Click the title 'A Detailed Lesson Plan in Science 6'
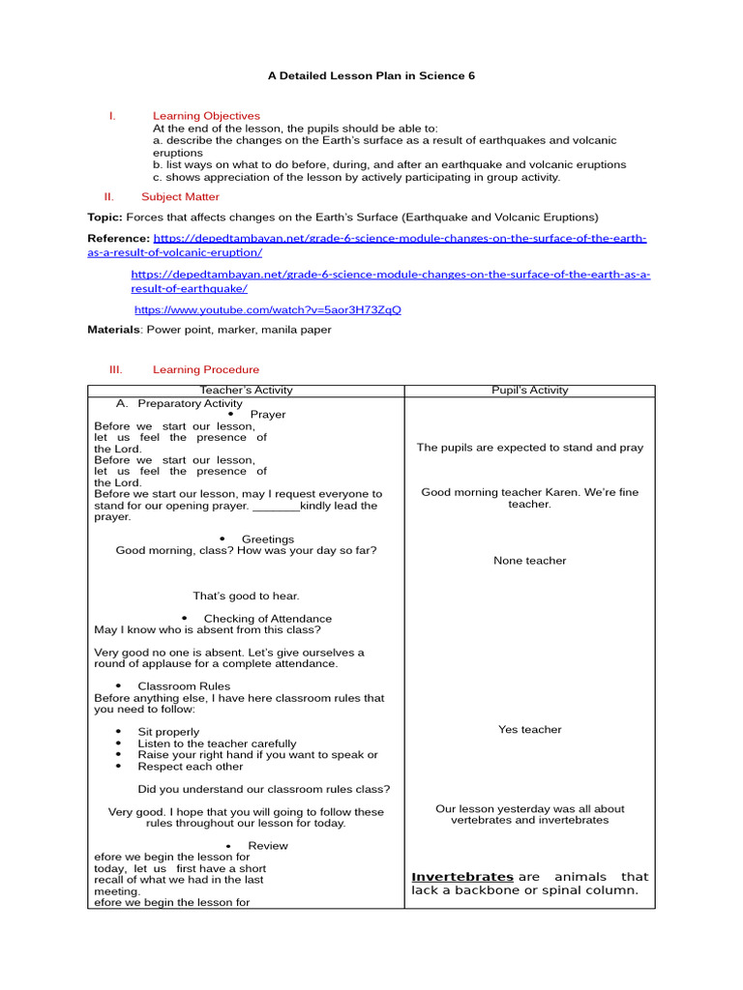coord(371,75)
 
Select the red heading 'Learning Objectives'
coord(206,116)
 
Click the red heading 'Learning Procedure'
coord(206,369)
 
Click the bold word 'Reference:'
coord(118,238)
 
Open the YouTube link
coord(267,310)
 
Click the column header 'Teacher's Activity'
coord(246,391)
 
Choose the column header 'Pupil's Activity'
coord(530,391)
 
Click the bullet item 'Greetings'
coord(267,539)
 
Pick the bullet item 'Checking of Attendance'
coord(267,619)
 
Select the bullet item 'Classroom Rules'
coord(184,686)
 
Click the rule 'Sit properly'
coord(168,733)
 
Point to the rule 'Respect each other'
coord(191,767)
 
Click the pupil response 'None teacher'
coord(530,561)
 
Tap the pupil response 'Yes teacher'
coord(530,730)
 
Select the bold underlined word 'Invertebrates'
coord(462,877)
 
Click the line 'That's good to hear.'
coord(246,597)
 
